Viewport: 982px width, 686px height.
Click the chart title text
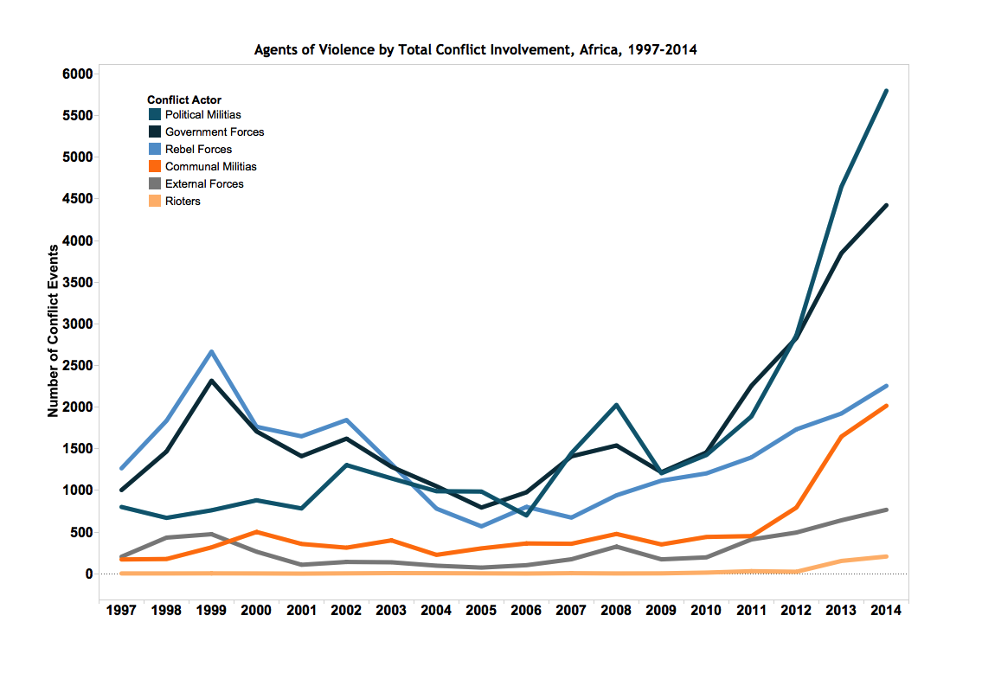tap(475, 50)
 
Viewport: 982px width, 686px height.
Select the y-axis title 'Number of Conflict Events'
tap(54, 330)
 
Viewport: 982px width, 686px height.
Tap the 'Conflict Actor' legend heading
tap(184, 100)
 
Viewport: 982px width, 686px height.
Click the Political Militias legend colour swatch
tap(155, 114)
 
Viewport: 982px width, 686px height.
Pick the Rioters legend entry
tap(183, 201)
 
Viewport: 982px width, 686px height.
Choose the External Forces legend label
tap(204, 183)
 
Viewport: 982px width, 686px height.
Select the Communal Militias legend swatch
tap(155, 166)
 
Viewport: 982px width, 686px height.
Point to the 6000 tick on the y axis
tap(76, 74)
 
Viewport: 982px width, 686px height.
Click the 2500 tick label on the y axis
tap(76, 366)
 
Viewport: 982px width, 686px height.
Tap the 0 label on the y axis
tap(87, 574)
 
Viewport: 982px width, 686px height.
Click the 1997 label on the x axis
tap(121, 611)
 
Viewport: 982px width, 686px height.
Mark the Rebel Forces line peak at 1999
tap(211, 352)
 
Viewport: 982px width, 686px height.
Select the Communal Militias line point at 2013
tap(842, 437)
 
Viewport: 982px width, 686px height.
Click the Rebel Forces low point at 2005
tap(481, 526)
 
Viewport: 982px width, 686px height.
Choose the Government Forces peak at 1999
tap(211, 381)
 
